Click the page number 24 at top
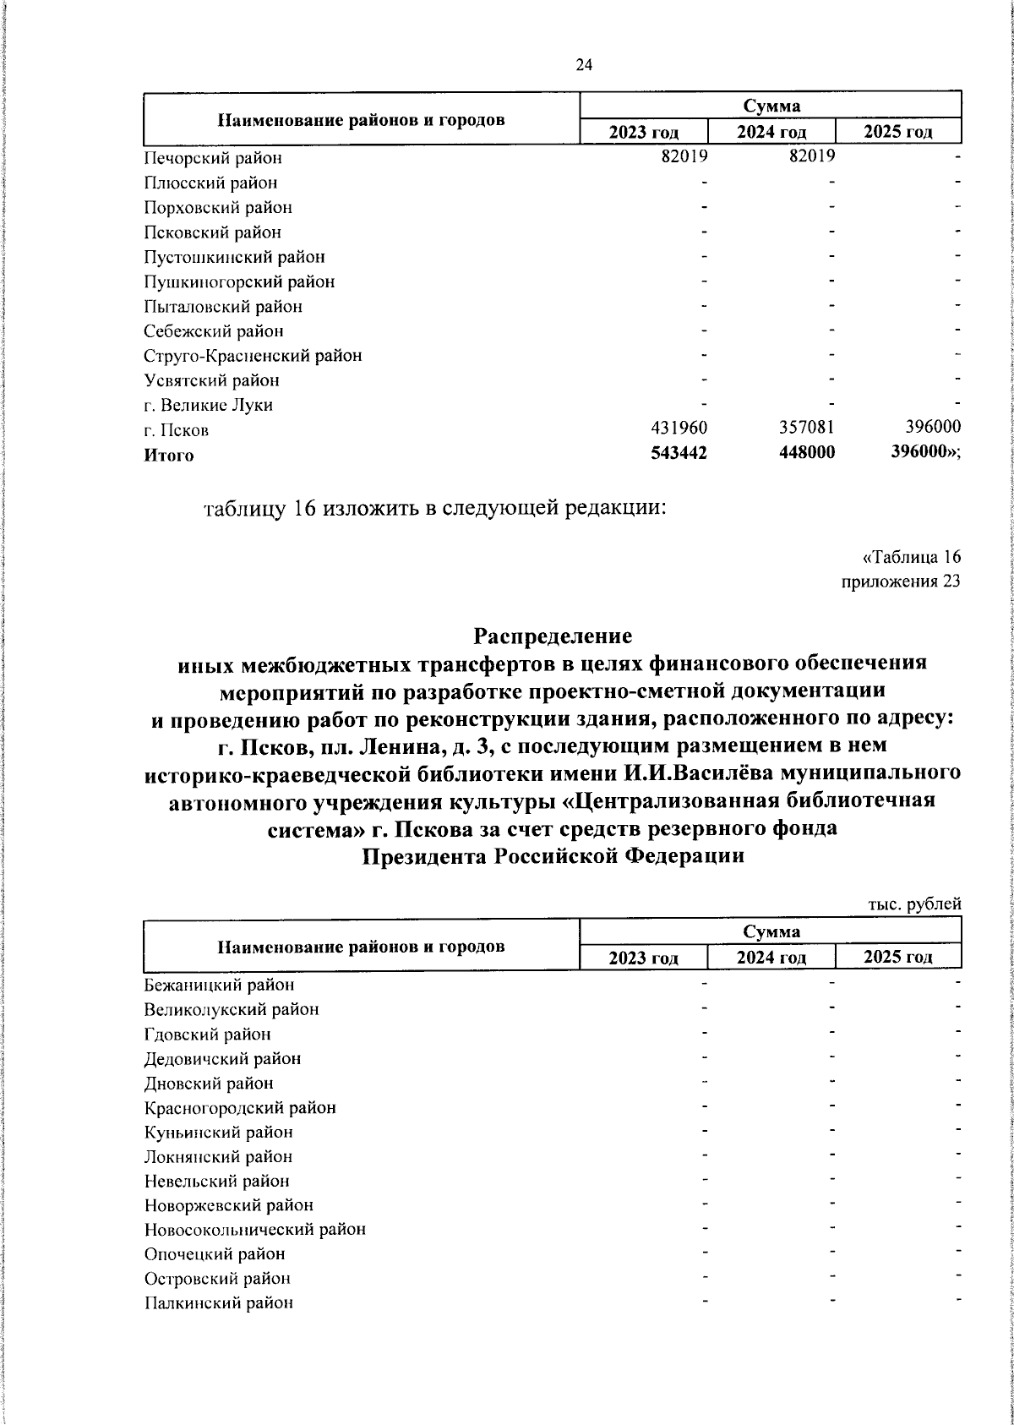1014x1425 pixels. (584, 65)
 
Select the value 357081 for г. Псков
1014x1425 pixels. (806, 429)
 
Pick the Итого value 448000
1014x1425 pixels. (806, 454)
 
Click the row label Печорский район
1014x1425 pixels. (212, 158)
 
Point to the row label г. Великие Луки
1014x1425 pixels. (208, 405)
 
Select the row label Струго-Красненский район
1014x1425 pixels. (253, 356)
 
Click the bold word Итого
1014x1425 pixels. (168, 456)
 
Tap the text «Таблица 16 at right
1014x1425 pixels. (911, 557)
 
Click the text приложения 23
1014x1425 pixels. (901, 581)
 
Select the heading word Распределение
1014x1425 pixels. (553, 634)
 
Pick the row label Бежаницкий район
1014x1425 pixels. (219, 985)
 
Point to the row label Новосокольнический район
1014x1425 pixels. (254, 1230)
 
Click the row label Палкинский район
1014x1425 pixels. (218, 1303)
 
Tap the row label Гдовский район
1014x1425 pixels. (207, 1034)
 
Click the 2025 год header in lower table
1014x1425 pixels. (897, 958)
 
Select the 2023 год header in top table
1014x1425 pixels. (644, 133)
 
